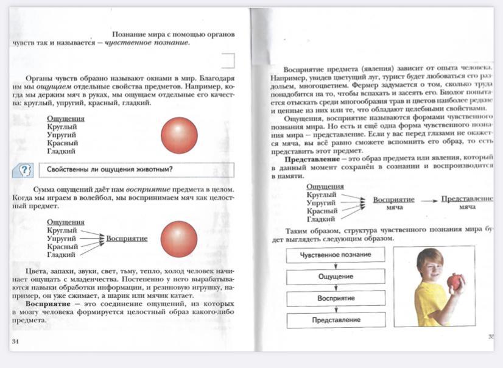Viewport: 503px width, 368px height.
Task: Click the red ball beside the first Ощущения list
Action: [x=179, y=135]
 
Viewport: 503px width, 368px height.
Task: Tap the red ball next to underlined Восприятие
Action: [x=179, y=238]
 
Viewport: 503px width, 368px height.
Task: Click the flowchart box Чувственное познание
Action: [x=336, y=255]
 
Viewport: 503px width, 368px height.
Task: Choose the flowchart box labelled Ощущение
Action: [x=336, y=277]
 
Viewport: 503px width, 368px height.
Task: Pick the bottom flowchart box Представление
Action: [x=336, y=320]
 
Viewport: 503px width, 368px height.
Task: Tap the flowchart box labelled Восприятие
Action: [x=336, y=299]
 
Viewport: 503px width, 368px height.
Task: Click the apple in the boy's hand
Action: [x=454, y=281]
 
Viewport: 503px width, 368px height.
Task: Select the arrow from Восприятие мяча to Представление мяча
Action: [x=429, y=200]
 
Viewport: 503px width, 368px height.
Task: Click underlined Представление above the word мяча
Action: [x=466, y=199]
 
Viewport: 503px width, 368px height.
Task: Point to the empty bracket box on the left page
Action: [x=228, y=60]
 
